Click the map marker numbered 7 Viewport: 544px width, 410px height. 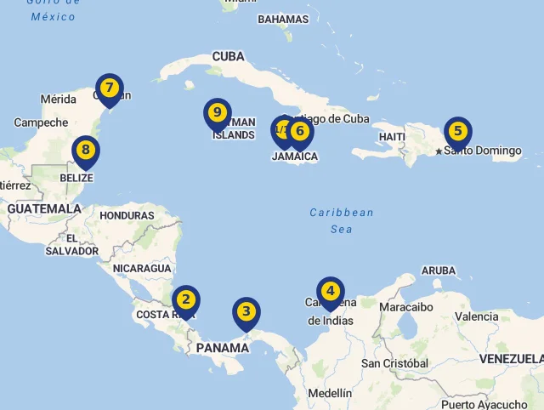[109, 88]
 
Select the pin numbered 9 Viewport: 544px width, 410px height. [218, 112]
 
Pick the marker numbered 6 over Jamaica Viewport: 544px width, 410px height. [299, 131]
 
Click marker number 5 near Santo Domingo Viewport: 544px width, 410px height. [458, 131]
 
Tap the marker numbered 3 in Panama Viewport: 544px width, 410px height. [246, 311]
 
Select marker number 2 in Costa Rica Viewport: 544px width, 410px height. [185, 299]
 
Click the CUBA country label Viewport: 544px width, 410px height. [228, 57]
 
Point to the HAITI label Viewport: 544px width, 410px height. [392, 137]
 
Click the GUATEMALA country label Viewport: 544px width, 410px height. [44, 208]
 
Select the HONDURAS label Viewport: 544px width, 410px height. [127, 215]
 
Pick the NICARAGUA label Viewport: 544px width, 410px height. [142, 268]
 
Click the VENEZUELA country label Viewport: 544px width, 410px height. [510, 358]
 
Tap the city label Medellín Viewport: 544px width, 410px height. [330, 393]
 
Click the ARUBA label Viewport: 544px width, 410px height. [439, 270]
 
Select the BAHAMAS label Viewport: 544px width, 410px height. [283, 19]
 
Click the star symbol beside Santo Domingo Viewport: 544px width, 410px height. [439, 151]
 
